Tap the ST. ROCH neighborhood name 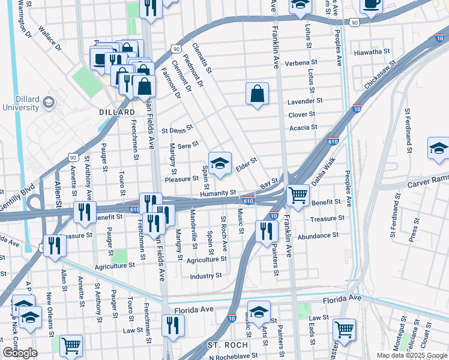(x=224, y=346)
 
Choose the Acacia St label (x=303, y=127)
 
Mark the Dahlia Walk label (x=322, y=176)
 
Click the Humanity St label (x=218, y=193)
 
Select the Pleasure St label (x=181, y=179)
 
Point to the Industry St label (x=206, y=276)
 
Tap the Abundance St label (x=318, y=236)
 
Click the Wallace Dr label (x=50, y=37)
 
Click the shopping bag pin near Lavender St (x=257, y=94)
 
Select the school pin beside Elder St (x=220, y=163)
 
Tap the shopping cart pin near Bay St (x=298, y=195)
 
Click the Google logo (x=20, y=353)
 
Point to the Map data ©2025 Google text (x=411, y=355)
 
